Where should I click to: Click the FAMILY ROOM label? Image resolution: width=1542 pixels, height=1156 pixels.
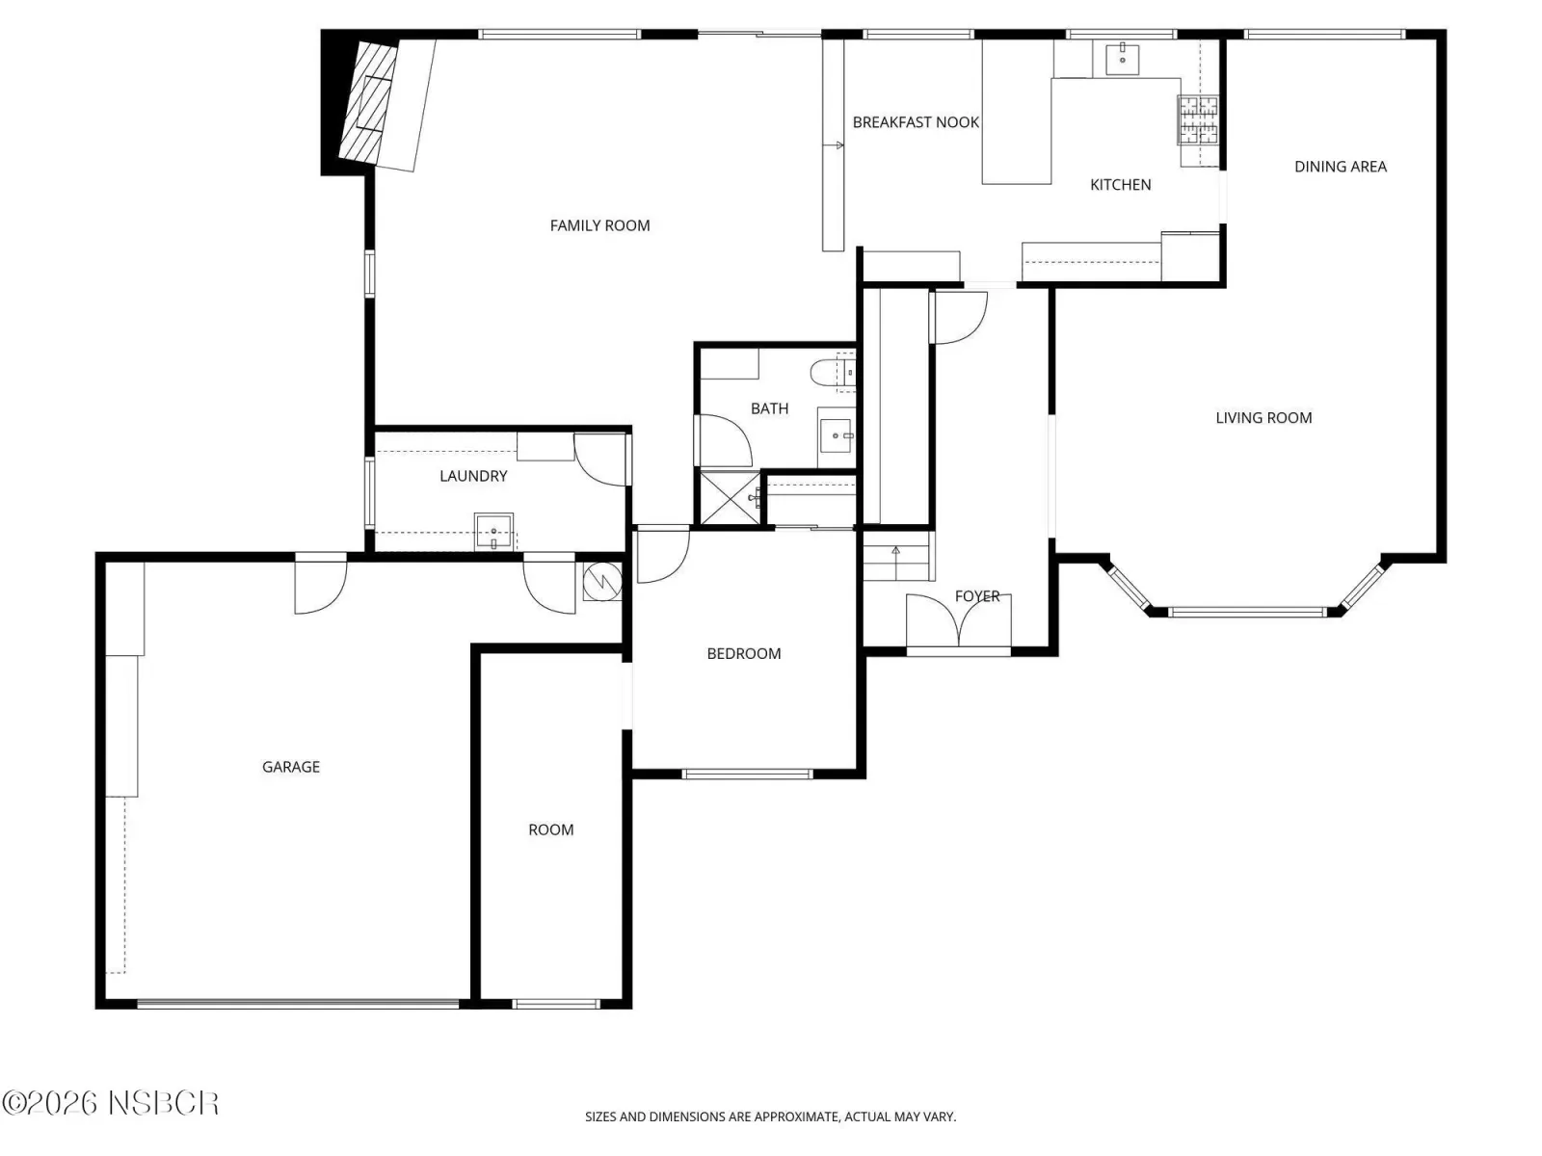599,225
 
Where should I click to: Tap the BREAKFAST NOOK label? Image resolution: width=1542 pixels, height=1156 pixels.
916,122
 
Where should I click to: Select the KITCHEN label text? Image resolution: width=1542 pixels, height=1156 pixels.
1120,185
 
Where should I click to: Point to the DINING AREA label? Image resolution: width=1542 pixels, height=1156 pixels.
1340,167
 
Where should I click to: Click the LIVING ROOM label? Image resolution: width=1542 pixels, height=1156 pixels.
1263,418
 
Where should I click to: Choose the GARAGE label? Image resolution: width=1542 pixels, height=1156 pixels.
291,767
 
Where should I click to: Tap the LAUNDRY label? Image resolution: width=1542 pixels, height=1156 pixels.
473,476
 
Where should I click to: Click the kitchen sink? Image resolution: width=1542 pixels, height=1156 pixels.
1122,58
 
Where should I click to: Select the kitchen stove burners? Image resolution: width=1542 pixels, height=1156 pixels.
1198,120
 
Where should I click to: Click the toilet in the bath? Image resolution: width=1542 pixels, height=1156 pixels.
832,373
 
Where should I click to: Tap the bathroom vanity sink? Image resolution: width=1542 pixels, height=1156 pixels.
837,436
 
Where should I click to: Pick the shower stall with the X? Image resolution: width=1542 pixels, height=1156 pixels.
731,498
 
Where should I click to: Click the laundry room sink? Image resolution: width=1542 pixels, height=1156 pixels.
493,532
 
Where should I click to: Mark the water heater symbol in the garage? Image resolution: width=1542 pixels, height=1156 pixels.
602,581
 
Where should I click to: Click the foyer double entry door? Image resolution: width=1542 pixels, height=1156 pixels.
958,620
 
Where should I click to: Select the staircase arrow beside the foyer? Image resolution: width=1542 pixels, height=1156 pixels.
895,560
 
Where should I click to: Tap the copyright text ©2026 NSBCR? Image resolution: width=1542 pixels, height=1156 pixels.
110,1103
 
